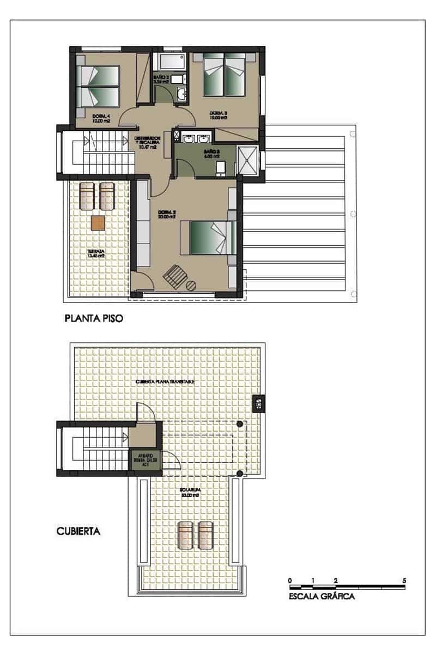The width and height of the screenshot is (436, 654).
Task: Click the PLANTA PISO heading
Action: point(93,318)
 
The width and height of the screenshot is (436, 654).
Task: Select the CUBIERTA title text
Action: point(78,530)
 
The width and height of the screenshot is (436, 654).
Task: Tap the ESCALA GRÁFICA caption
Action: point(322,596)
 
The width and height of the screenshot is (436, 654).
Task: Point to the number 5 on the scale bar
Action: point(404,580)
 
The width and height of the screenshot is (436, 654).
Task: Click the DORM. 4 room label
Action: point(101,118)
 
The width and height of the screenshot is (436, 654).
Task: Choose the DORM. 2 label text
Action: point(166,214)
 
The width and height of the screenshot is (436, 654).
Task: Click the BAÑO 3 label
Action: point(211,153)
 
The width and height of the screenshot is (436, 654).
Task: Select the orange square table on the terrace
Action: point(98,222)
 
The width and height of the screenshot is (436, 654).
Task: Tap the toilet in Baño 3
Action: point(221,168)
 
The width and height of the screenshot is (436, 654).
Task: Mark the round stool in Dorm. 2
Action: point(192,284)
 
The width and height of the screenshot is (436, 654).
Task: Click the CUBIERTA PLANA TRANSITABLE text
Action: point(165,382)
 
